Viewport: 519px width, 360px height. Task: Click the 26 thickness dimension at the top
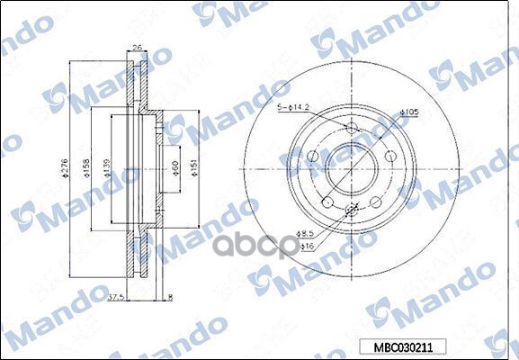(x=136, y=49)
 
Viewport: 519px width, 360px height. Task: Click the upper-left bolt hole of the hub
(x=312, y=158)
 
